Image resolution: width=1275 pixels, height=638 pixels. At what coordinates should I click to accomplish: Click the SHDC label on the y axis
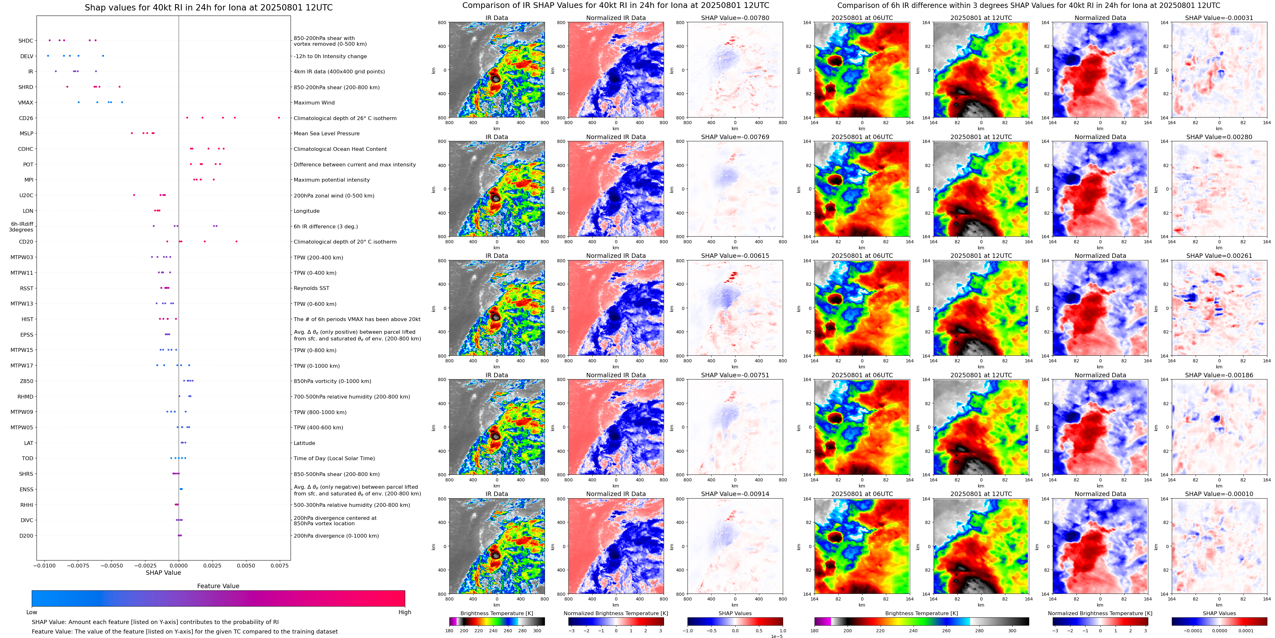pos(26,41)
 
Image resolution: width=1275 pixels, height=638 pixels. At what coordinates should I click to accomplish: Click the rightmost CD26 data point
pos(279,118)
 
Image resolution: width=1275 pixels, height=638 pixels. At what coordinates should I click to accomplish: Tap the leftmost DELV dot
pos(48,56)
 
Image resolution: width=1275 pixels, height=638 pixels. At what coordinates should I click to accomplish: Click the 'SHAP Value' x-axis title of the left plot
pos(163,573)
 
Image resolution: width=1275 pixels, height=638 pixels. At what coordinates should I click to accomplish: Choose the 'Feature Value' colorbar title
pos(218,586)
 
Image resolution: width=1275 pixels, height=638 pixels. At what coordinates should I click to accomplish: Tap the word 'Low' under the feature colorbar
pos(32,612)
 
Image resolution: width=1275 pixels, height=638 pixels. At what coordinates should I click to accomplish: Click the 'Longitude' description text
pos(306,211)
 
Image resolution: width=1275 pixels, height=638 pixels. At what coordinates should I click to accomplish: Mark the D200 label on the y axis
pos(26,535)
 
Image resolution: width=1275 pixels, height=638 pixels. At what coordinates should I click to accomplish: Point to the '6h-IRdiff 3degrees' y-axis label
pos(22,227)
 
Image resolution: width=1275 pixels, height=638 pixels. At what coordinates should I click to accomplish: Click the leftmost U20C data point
pos(134,195)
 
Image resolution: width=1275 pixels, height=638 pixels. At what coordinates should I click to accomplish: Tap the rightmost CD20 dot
pos(237,242)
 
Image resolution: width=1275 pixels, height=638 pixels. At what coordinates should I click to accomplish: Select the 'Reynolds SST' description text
pos(311,288)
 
